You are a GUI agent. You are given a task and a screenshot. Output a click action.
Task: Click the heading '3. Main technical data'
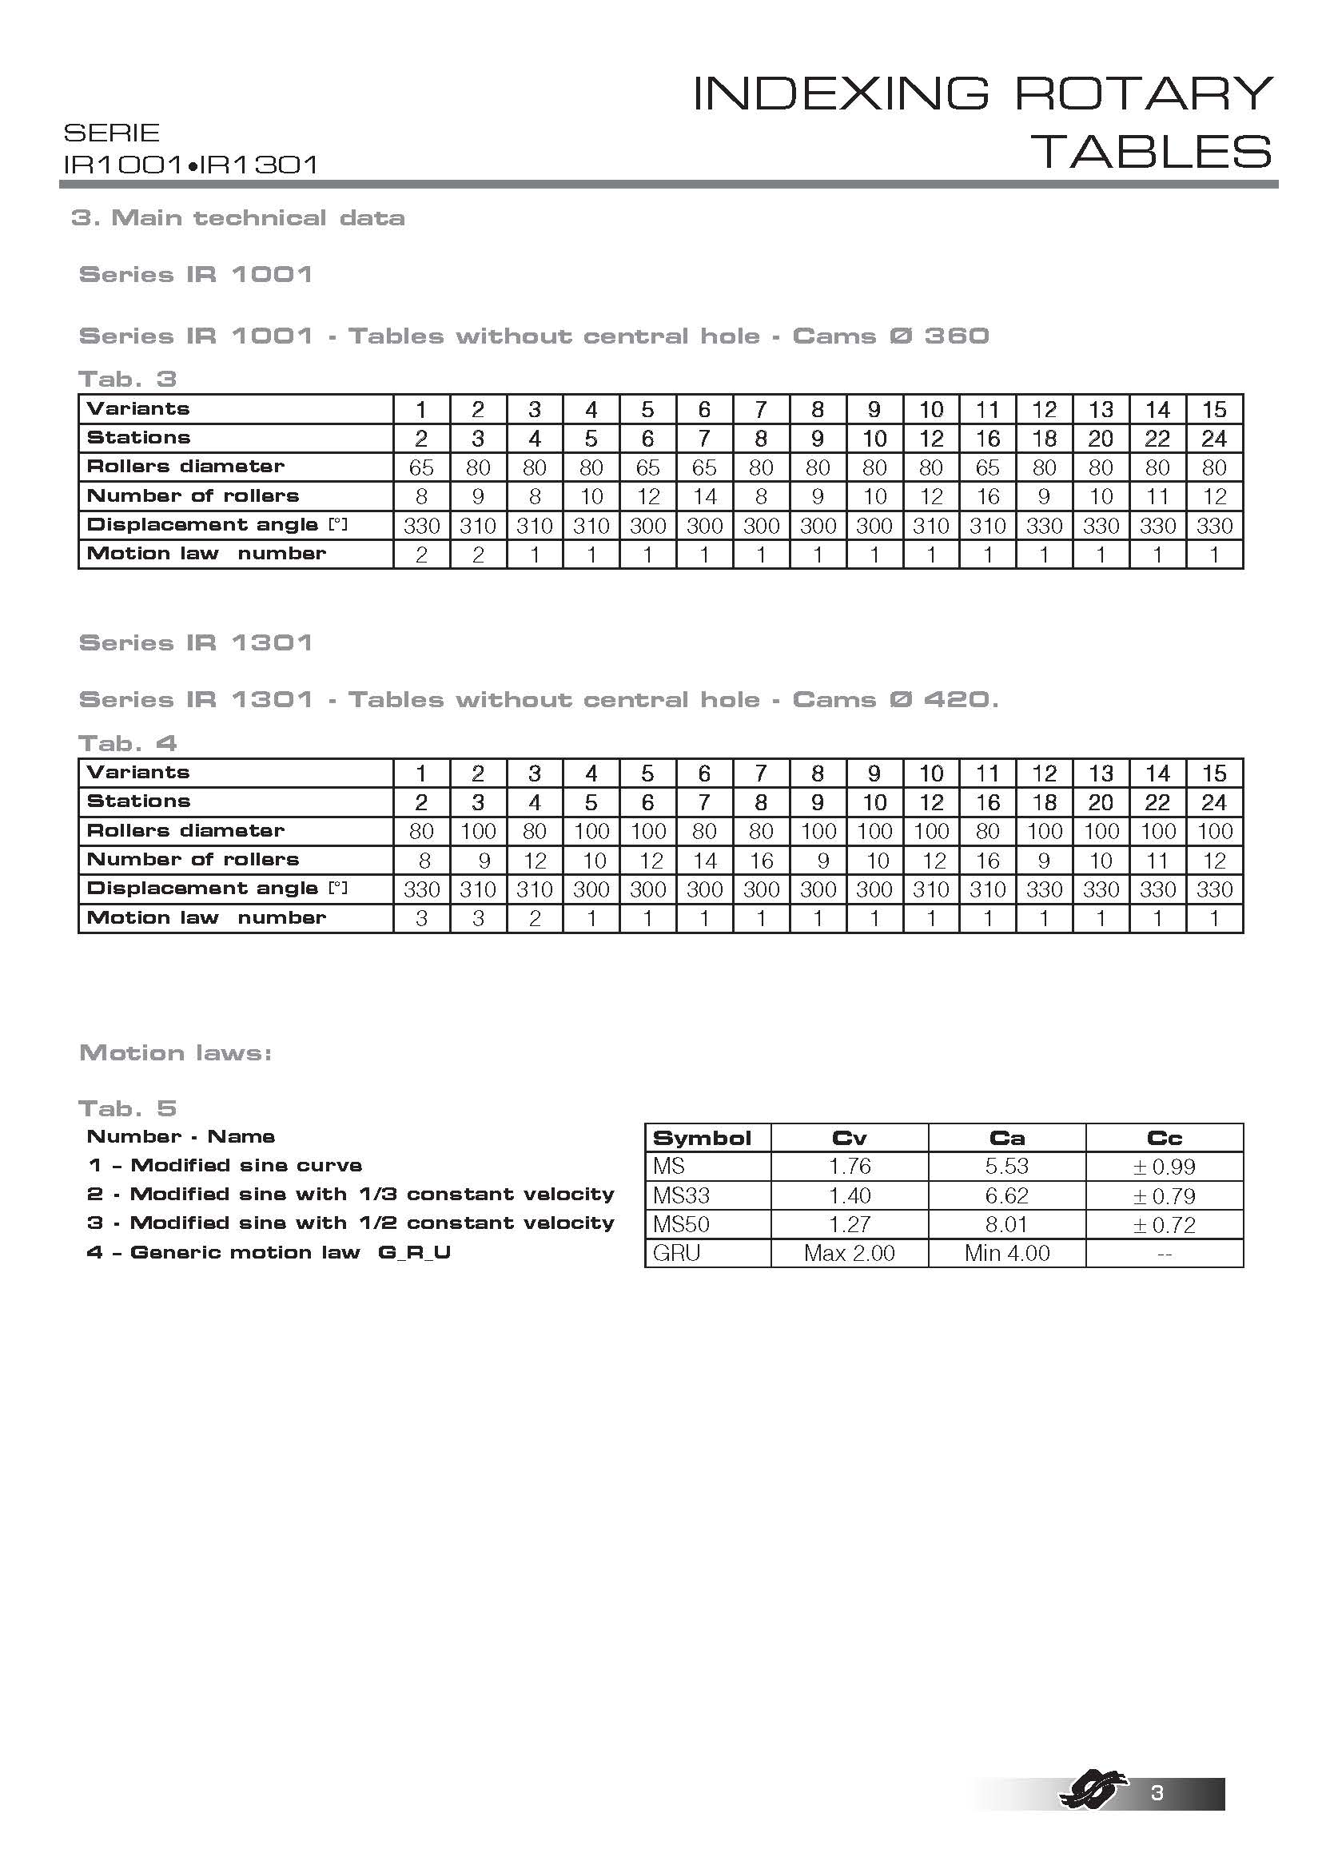[237, 218]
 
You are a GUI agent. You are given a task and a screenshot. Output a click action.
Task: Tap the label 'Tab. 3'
[127, 379]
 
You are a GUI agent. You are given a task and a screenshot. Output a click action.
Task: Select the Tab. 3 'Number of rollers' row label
[193, 495]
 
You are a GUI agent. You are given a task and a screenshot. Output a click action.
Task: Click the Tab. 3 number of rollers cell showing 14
[704, 496]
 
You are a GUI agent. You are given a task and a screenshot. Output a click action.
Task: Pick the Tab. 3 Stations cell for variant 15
[1214, 439]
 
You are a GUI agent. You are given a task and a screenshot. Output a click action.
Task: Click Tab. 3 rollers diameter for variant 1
[421, 468]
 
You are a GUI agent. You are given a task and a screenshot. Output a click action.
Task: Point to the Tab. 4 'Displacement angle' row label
[217, 889]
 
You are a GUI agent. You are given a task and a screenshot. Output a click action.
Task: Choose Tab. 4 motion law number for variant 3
[534, 918]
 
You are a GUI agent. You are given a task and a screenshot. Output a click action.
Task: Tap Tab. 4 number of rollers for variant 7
[761, 861]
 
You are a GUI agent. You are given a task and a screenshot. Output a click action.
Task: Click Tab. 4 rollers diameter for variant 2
[478, 831]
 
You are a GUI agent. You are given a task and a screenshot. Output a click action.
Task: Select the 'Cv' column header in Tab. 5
[849, 1138]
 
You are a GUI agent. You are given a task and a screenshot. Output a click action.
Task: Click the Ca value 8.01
[1006, 1224]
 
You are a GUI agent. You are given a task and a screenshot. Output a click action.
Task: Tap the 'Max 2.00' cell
[849, 1253]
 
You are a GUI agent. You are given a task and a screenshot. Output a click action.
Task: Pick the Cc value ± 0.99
[1164, 1167]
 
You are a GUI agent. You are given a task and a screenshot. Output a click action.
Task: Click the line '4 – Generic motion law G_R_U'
[269, 1252]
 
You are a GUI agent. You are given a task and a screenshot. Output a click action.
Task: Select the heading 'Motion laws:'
[175, 1052]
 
